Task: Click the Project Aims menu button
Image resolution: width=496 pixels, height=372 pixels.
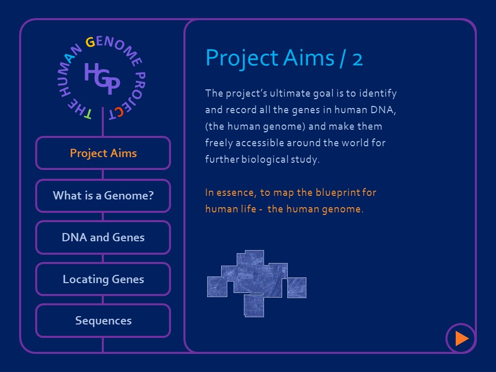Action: coord(103,153)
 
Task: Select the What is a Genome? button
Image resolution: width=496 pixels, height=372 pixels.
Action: coord(103,196)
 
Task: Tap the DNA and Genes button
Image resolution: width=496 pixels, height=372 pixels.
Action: coord(103,238)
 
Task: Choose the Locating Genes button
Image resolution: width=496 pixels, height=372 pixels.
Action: coord(103,280)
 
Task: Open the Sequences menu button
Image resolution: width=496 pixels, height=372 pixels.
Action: coord(103,321)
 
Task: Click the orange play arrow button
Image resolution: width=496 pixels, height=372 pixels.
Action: coord(461,338)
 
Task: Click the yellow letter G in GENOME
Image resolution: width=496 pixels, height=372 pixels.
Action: coord(90,42)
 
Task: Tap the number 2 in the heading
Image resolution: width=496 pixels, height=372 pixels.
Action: coord(357,58)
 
